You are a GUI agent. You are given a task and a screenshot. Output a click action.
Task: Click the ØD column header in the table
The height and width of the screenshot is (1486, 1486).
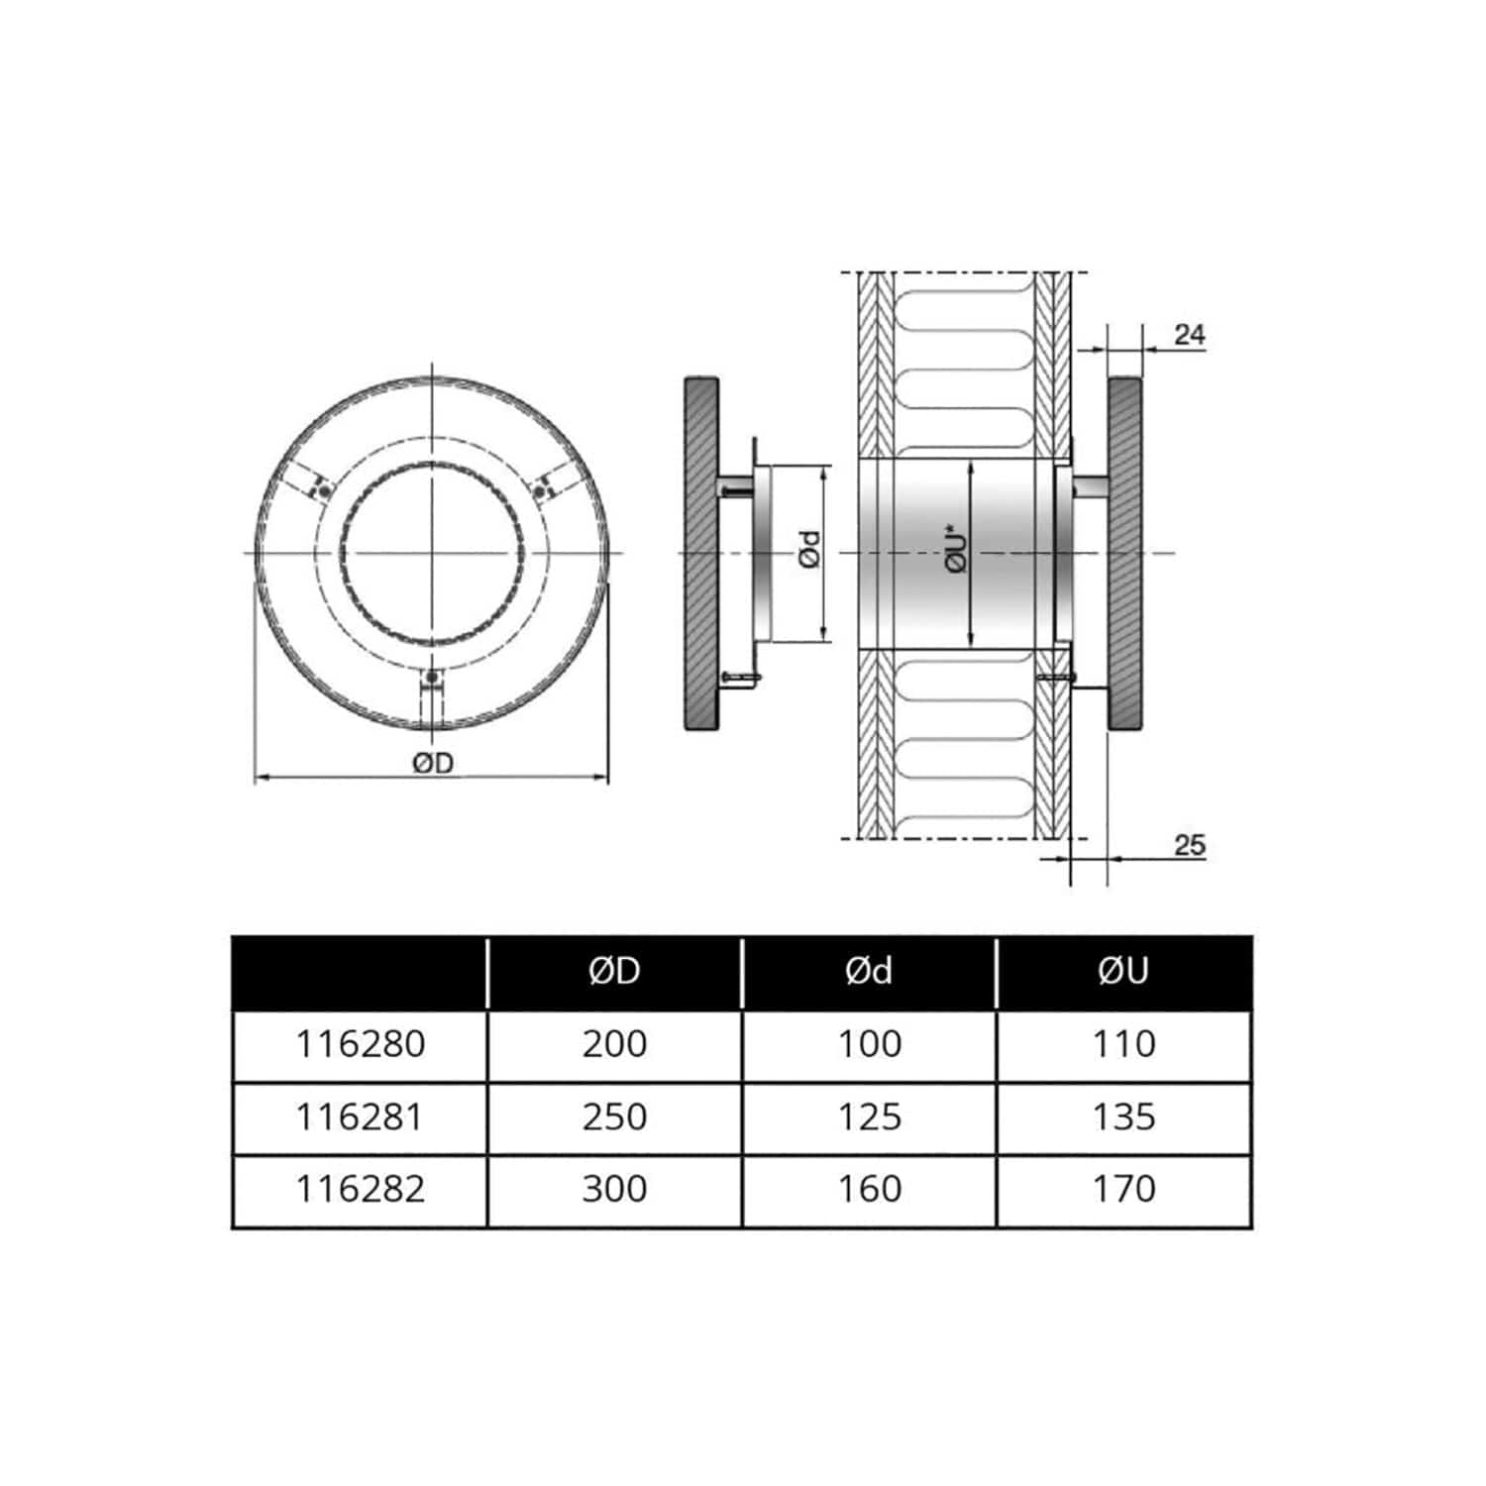point(614,972)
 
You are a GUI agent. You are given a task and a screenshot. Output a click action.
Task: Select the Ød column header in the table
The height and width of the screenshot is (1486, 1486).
point(869,972)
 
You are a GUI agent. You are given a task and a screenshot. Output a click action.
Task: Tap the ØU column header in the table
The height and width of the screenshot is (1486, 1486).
point(1123,972)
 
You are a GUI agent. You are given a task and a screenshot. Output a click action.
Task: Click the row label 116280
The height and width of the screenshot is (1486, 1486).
point(361,1044)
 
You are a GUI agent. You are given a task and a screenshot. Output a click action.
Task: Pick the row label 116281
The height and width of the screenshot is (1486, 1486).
point(361,1117)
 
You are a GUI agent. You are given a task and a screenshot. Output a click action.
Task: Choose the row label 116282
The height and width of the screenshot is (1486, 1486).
point(361,1189)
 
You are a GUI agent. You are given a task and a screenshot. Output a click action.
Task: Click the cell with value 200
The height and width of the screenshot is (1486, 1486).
point(614,1044)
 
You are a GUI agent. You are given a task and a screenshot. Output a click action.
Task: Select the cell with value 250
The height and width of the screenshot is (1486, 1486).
point(614,1117)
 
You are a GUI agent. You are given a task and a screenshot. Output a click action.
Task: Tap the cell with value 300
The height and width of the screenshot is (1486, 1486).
point(614,1189)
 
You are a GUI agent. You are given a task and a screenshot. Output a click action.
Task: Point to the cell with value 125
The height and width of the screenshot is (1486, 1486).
point(869,1117)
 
